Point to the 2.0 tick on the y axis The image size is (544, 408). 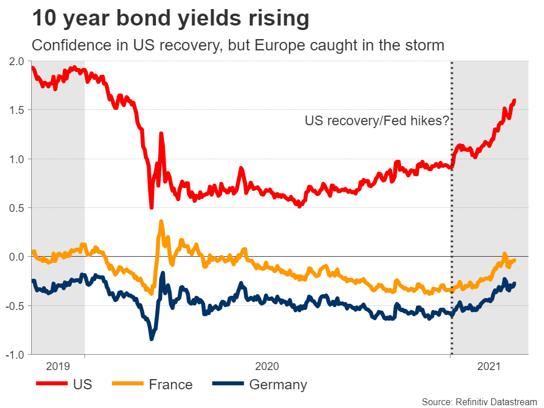click(x=16, y=61)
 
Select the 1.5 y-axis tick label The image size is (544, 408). click(x=16, y=110)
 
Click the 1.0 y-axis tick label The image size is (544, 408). click(x=16, y=159)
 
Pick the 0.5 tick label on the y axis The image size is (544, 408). click(x=16, y=208)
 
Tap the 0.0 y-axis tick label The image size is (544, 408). click(x=16, y=257)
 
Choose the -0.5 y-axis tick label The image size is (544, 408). click(x=14, y=306)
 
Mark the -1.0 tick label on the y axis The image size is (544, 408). click(x=14, y=355)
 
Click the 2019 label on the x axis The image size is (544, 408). click(x=58, y=366)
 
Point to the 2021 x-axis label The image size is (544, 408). click(x=489, y=366)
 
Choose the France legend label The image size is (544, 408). click(x=171, y=385)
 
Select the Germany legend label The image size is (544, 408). click(x=278, y=385)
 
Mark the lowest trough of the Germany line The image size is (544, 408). click(x=151, y=338)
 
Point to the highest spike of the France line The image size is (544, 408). click(x=161, y=222)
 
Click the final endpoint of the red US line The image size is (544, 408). click(x=515, y=100)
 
